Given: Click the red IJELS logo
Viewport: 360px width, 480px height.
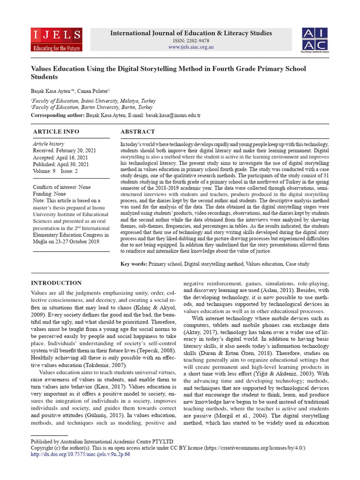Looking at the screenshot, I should pyautogui.click(x=56, y=39).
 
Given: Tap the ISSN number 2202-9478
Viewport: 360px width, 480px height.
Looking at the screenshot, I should pyautogui.click(x=190, y=41).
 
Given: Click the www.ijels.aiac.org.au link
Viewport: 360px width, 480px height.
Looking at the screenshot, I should pyautogui.click(x=190, y=47).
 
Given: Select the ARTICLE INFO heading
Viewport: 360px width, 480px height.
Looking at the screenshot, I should pyautogui.click(x=56, y=132).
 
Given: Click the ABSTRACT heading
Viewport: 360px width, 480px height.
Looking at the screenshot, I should pyautogui.click(x=137, y=132).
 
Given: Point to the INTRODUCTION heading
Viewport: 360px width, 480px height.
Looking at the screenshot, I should pyautogui.click(x=56, y=283).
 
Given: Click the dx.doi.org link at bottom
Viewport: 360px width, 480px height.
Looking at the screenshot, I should pyautogui.click(x=80, y=454).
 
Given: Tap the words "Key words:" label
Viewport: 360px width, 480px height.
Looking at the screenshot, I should pyautogui.click(x=134, y=264).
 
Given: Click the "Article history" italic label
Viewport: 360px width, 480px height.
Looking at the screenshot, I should pyautogui.click(x=48, y=144).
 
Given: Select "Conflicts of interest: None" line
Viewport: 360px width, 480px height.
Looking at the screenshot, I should pyautogui.click(x=61, y=187).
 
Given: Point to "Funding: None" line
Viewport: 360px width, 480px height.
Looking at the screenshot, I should pyautogui.click(x=49, y=194).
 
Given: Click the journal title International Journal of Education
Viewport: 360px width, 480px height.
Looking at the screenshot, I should pyautogui.click(x=190, y=33).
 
